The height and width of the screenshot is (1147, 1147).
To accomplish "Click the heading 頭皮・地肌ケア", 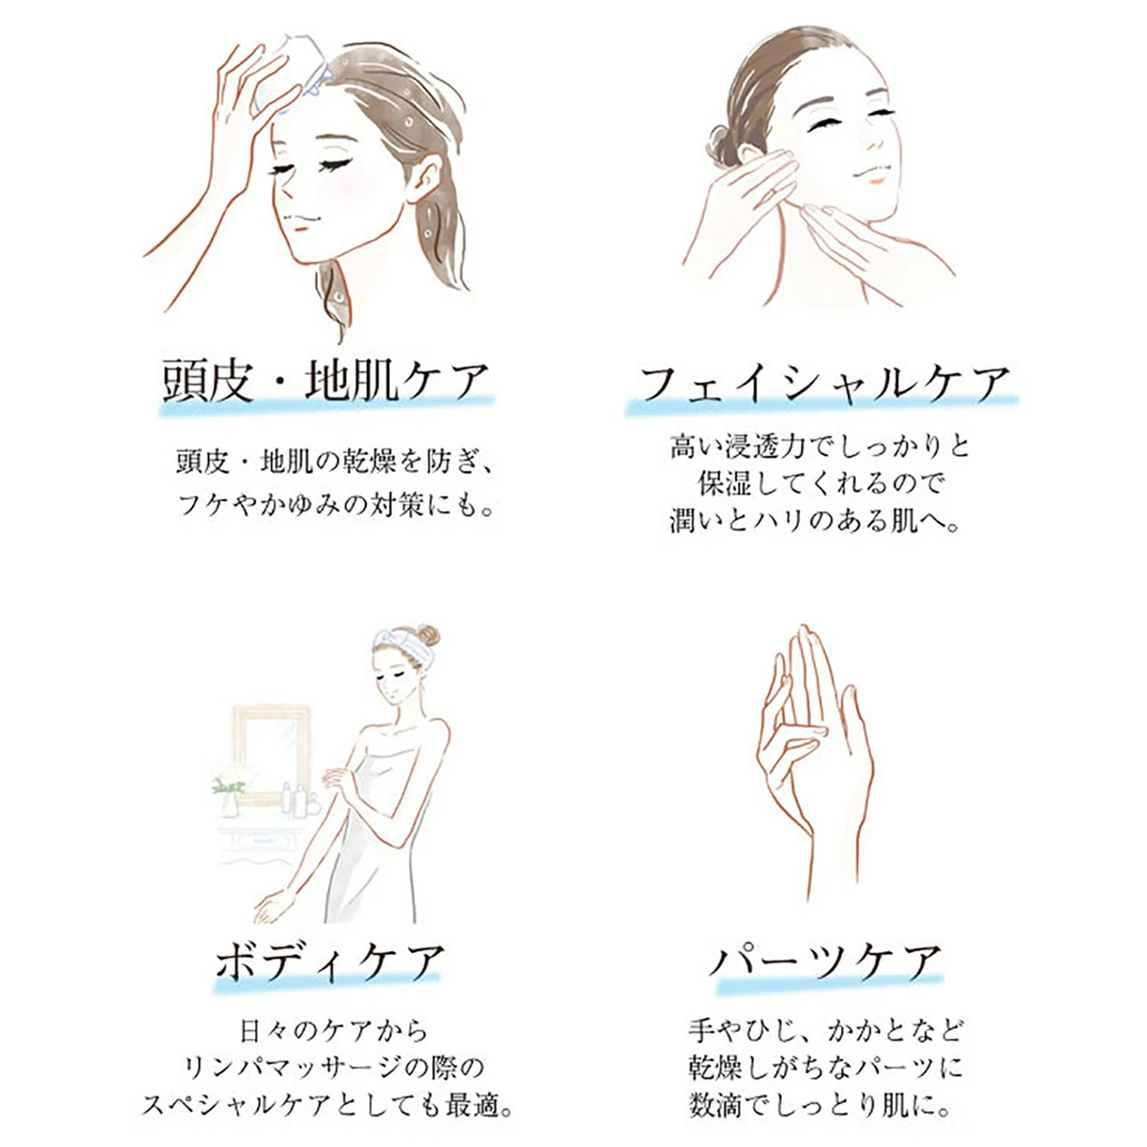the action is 326,380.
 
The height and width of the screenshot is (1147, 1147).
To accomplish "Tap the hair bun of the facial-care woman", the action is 722,147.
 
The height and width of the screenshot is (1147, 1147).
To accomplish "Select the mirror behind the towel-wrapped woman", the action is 271,753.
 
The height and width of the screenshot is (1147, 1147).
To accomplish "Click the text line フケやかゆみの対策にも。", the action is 336,507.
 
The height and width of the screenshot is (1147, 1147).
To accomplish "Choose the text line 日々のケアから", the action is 334,1031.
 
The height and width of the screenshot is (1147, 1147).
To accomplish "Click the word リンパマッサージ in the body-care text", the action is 287,1069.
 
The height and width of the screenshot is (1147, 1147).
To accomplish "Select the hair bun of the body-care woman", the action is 428,636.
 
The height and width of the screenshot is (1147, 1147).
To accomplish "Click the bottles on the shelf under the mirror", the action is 297,799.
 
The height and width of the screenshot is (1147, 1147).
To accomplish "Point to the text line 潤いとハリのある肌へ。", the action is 814,521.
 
